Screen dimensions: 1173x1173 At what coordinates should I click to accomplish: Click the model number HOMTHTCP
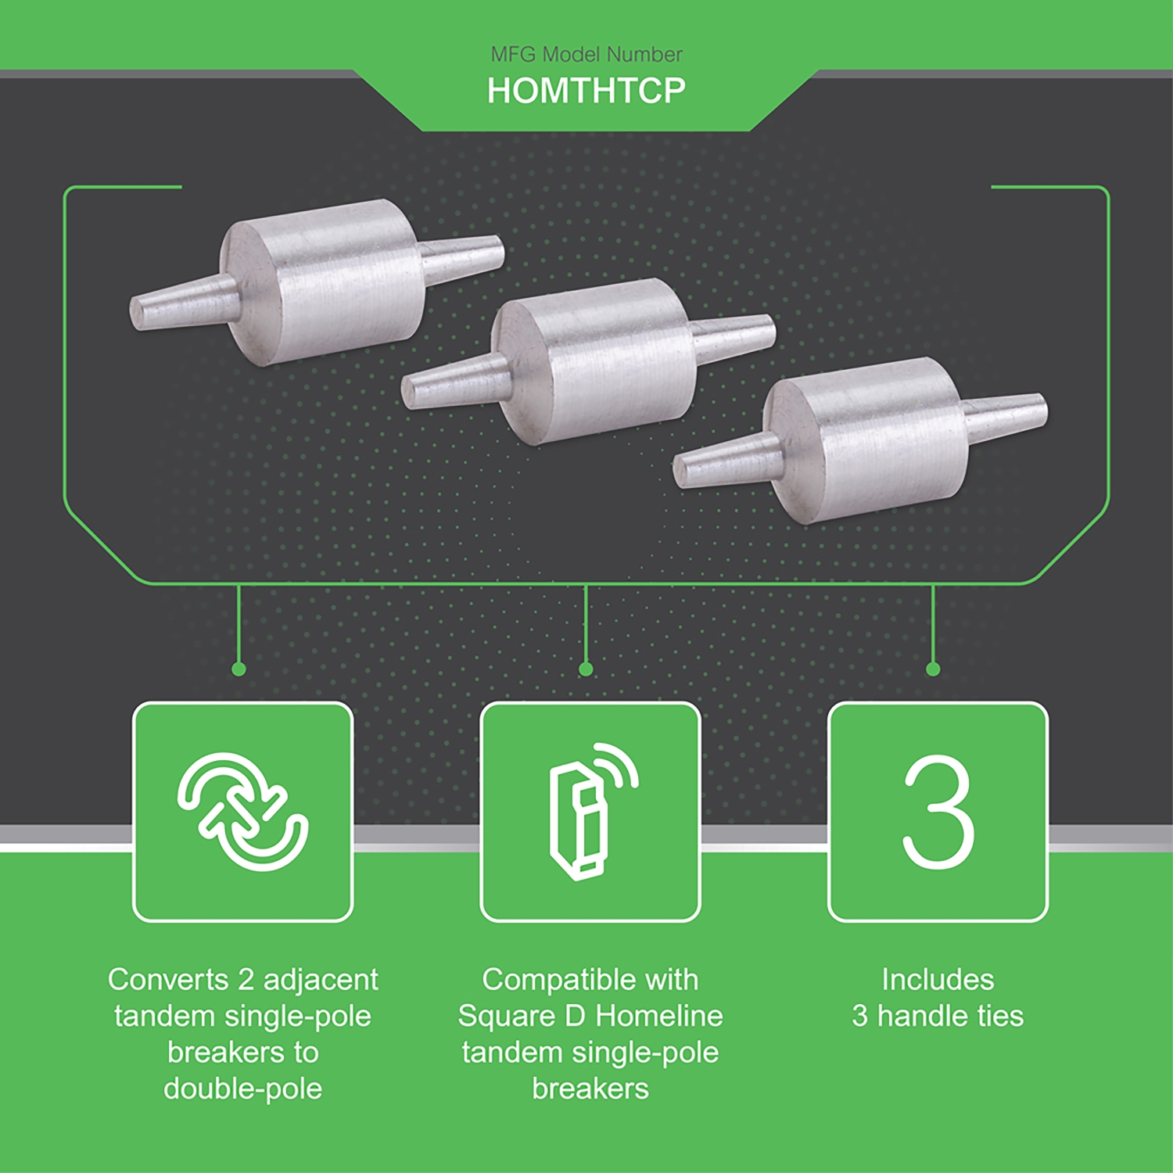(586, 91)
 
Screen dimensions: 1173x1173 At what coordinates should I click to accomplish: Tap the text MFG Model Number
(586, 54)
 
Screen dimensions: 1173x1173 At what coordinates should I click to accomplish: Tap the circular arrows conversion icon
(242, 812)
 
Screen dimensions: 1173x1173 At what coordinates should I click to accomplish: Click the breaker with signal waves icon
(590, 812)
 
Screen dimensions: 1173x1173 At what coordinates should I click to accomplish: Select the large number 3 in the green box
(938, 812)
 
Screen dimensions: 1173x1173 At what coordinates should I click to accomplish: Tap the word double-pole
(242, 1089)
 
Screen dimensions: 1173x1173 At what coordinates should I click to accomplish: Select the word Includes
(938, 979)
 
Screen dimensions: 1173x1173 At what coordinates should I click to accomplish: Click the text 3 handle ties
(938, 1016)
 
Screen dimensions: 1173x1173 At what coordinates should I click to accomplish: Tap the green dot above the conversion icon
(239, 669)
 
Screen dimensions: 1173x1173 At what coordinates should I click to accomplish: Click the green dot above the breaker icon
(586, 669)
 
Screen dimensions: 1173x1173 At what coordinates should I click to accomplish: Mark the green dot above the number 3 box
(933, 669)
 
